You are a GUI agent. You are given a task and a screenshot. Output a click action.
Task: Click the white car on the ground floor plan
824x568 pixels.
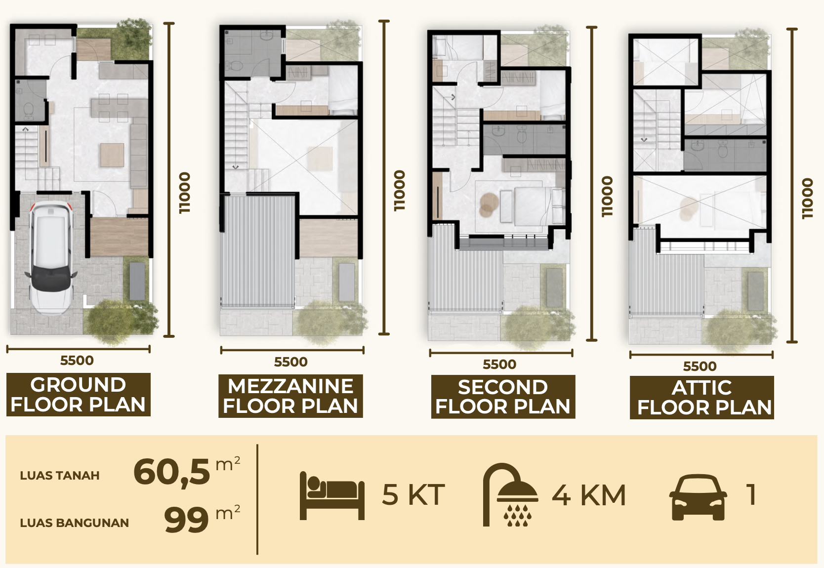click(51, 259)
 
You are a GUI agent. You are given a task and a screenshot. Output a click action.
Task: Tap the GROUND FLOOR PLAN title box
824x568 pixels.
click(79, 394)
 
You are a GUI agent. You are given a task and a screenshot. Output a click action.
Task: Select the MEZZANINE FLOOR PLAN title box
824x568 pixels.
click(290, 396)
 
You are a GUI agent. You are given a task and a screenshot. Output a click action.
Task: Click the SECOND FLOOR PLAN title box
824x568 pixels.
click(503, 397)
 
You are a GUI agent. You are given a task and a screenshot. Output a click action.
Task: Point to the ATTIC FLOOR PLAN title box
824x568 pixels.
click(701, 398)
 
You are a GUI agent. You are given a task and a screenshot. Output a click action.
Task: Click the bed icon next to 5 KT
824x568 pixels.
click(332, 495)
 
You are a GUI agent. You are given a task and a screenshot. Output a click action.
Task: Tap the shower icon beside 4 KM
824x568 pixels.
click(510, 495)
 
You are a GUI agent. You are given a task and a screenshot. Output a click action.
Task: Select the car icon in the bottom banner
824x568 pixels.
click(698, 497)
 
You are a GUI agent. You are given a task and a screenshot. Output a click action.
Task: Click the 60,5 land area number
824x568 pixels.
click(171, 472)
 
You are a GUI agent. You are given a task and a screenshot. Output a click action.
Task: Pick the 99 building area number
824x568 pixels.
click(187, 520)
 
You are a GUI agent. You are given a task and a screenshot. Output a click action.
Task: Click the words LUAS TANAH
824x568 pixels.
click(60, 475)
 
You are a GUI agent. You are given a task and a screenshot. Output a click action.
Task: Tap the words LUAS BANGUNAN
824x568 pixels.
click(74, 523)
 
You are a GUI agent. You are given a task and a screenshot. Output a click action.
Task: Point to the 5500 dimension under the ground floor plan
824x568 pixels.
click(77, 361)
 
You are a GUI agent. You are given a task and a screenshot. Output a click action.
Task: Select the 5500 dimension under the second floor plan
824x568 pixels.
click(499, 364)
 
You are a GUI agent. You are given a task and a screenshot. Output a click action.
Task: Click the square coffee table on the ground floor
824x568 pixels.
click(112, 155)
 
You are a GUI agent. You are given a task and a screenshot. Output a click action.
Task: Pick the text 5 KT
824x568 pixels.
click(413, 495)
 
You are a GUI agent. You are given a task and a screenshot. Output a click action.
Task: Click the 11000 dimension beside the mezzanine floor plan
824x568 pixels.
click(400, 191)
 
